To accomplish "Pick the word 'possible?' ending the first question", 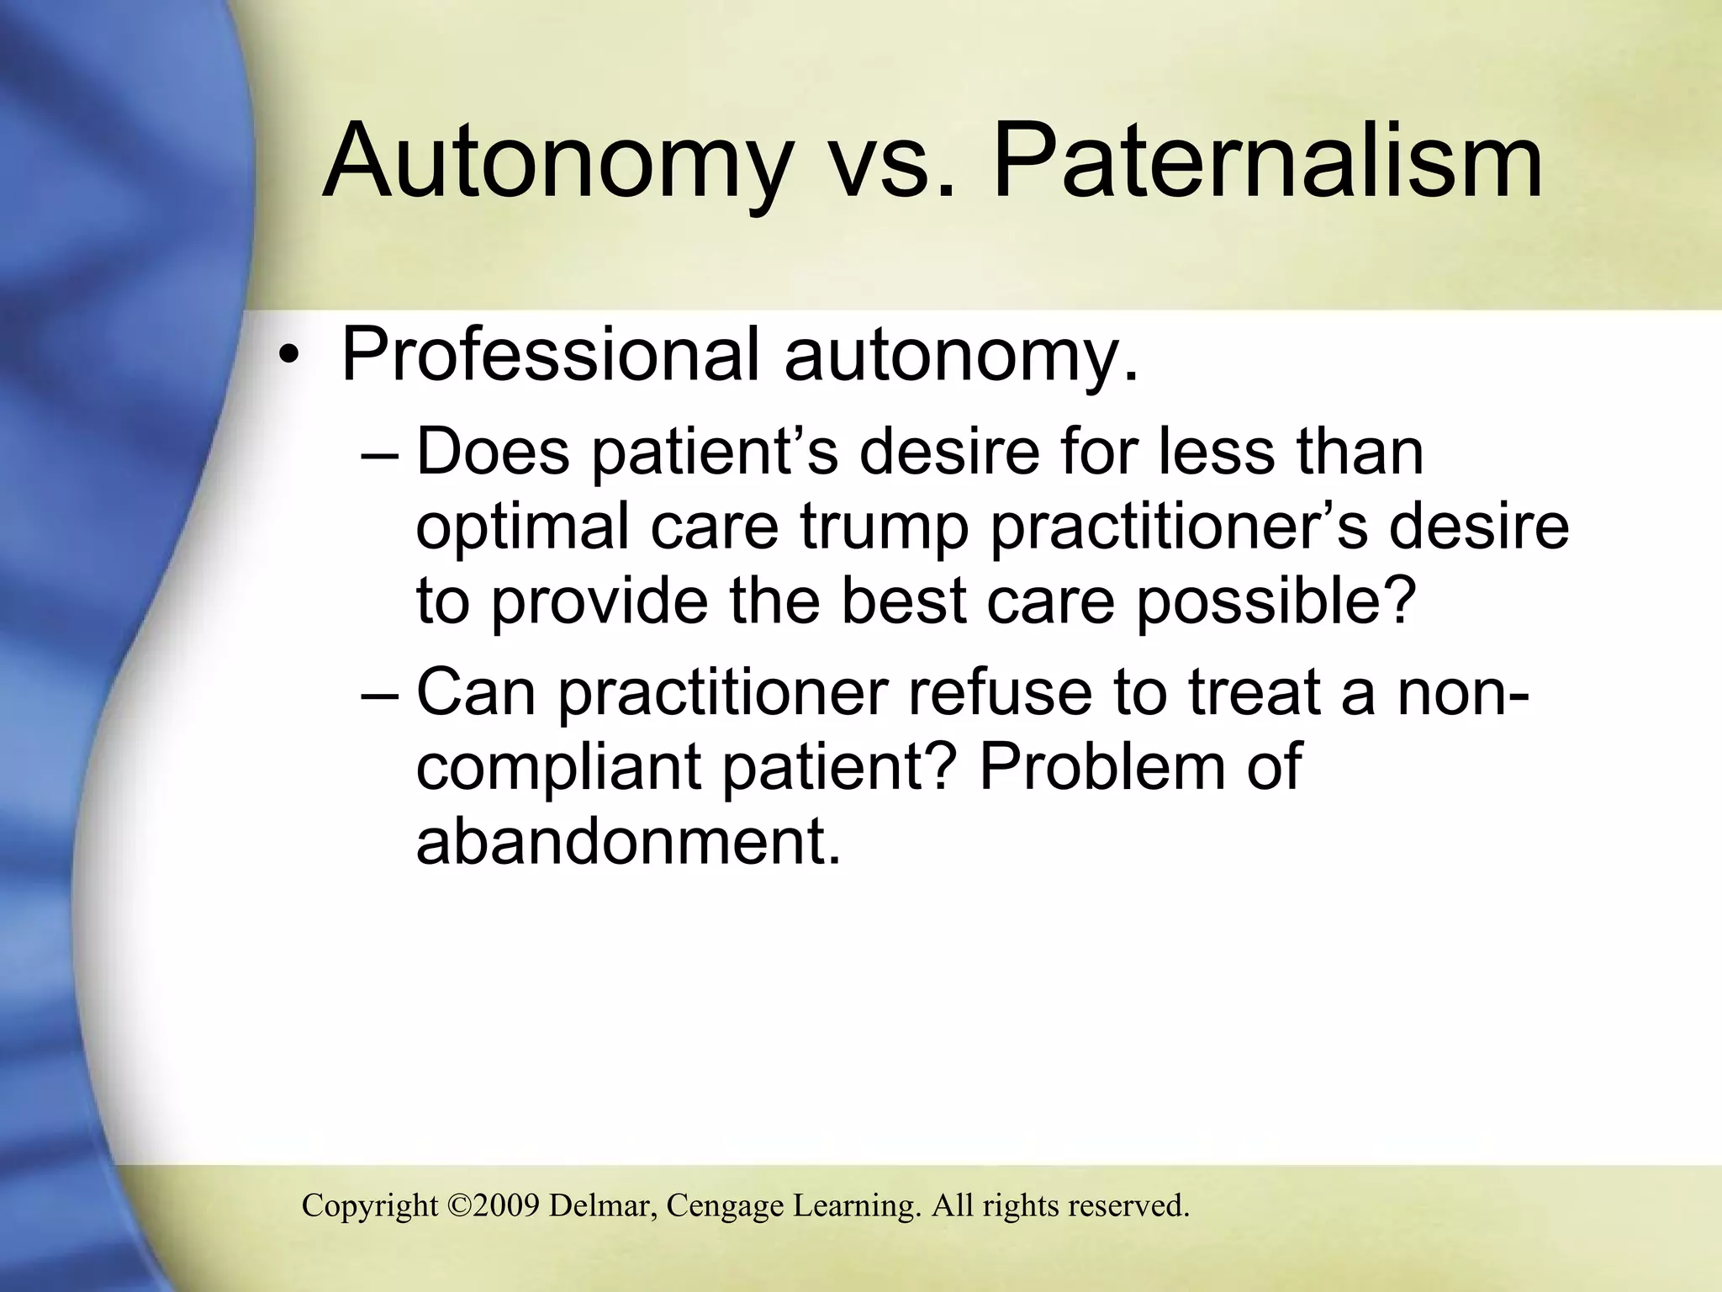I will pos(1274,602).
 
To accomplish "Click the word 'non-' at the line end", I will pos(1465,691).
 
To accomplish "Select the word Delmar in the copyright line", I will pos(603,1205).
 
